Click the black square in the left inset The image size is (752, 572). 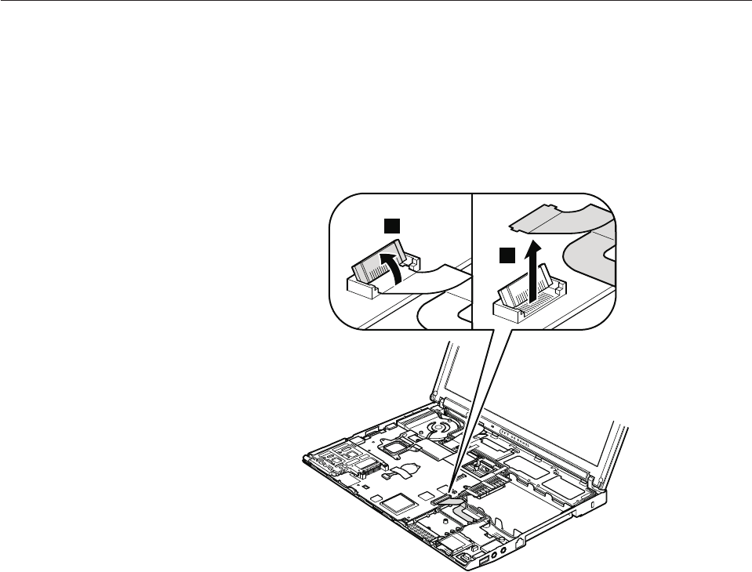click(x=391, y=226)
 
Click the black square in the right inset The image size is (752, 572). click(x=507, y=255)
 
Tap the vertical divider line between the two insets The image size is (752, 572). click(x=474, y=259)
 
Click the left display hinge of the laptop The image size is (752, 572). click(x=444, y=404)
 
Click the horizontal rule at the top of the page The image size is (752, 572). click(x=376, y=1)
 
